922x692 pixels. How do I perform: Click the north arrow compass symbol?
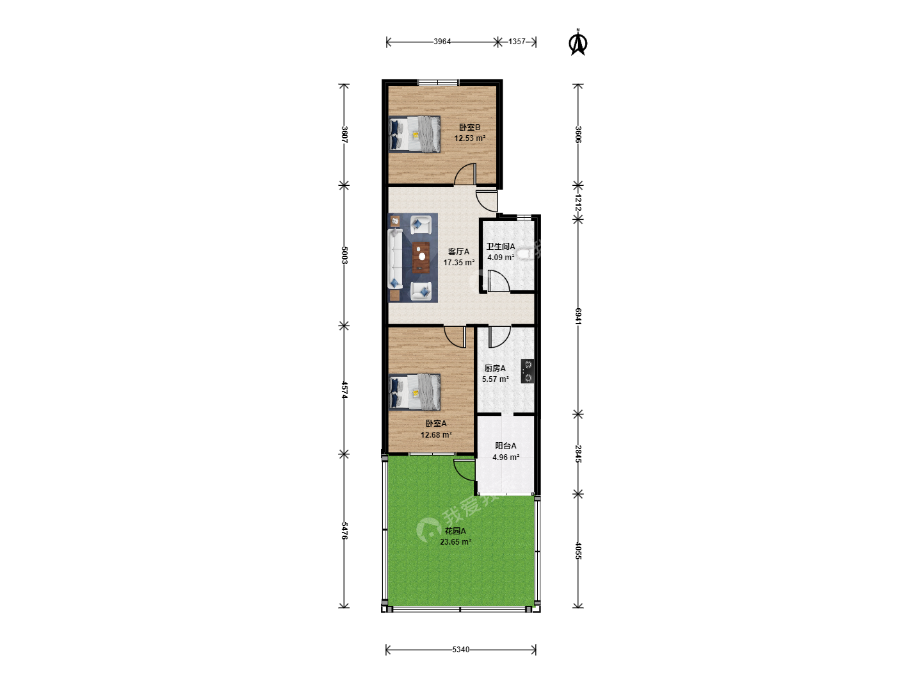tap(578, 42)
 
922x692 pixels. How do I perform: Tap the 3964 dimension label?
tap(442, 42)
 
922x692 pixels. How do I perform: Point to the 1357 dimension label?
tap(517, 42)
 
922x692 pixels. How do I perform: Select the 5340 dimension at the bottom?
tap(460, 650)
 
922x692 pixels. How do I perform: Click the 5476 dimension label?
tap(344, 531)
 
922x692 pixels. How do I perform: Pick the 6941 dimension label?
tap(578, 316)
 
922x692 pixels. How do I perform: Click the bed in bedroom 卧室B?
tap(414, 134)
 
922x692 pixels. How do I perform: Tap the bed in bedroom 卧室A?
tap(414, 392)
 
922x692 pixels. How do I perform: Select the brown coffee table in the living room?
tap(421, 257)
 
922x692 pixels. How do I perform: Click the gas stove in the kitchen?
tap(528, 371)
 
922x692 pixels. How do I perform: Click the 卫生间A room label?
tap(500, 247)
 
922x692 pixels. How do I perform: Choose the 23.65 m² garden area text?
tap(455, 542)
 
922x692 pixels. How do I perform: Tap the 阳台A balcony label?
tap(505, 446)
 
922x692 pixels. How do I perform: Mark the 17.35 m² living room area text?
tap(458, 263)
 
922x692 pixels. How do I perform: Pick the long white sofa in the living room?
tap(395, 258)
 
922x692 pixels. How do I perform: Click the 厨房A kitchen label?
tap(495, 368)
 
